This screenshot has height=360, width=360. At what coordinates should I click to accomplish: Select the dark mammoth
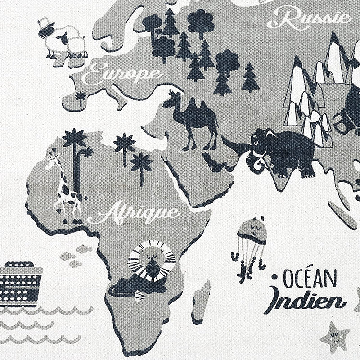click(x=283, y=151)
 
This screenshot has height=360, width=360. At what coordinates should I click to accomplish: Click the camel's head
click(x=173, y=95)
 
